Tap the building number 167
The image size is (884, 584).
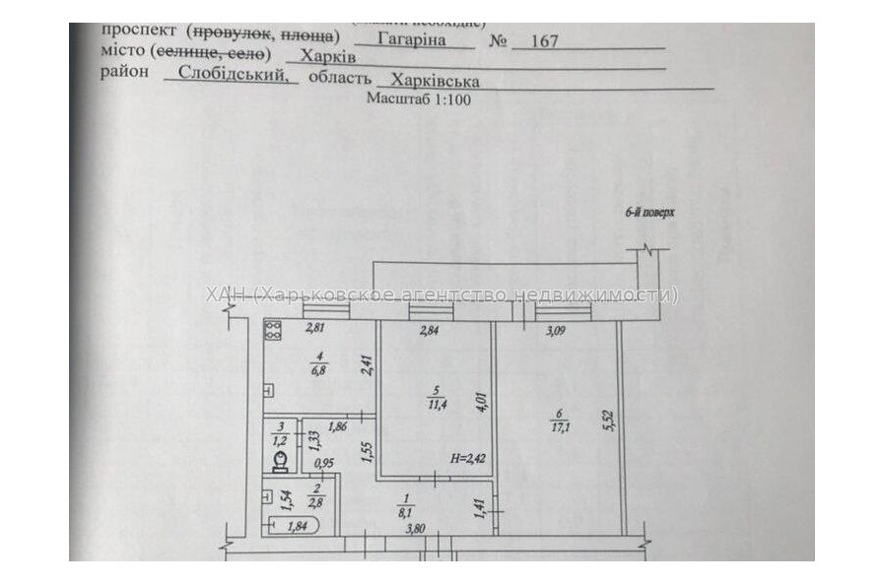pos(544,41)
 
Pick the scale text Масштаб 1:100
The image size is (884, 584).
pos(419,99)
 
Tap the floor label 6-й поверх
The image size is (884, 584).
pos(646,213)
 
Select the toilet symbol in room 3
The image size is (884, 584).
pos(280,460)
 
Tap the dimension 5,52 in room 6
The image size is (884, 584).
pos(609,422)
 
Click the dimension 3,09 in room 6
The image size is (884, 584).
pos(558,331)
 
